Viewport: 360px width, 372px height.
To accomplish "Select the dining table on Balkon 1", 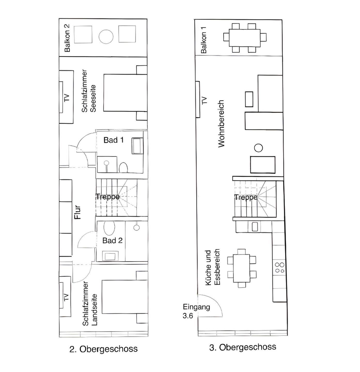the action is (x=245, y=38).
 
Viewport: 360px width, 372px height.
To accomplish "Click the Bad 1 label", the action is (x=114, y=140).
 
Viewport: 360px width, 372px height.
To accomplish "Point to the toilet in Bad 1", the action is (x=123, y=168).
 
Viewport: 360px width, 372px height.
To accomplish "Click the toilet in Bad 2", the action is (x=109, y=228).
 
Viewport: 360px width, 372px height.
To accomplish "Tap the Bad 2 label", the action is (x=112, y=241).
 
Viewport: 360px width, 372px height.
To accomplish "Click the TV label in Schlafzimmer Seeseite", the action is (x=66, y=98).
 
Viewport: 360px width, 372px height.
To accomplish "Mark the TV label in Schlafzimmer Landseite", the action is (x=66, y=297).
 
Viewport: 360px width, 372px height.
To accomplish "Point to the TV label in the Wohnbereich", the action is (x=204, y=100).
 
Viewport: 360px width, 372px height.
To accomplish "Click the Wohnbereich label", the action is (x=221, y=124).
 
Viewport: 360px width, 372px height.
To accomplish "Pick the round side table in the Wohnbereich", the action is (x=258, y=148).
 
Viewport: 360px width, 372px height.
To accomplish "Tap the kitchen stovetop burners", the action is (x=279, y=267).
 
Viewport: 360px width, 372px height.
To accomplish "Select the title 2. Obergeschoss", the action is (x=103, y=349).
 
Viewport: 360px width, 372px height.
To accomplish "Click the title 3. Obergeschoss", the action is (x=242, y=347).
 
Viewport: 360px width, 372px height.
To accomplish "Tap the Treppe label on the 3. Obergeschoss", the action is (x=246, y=197).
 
